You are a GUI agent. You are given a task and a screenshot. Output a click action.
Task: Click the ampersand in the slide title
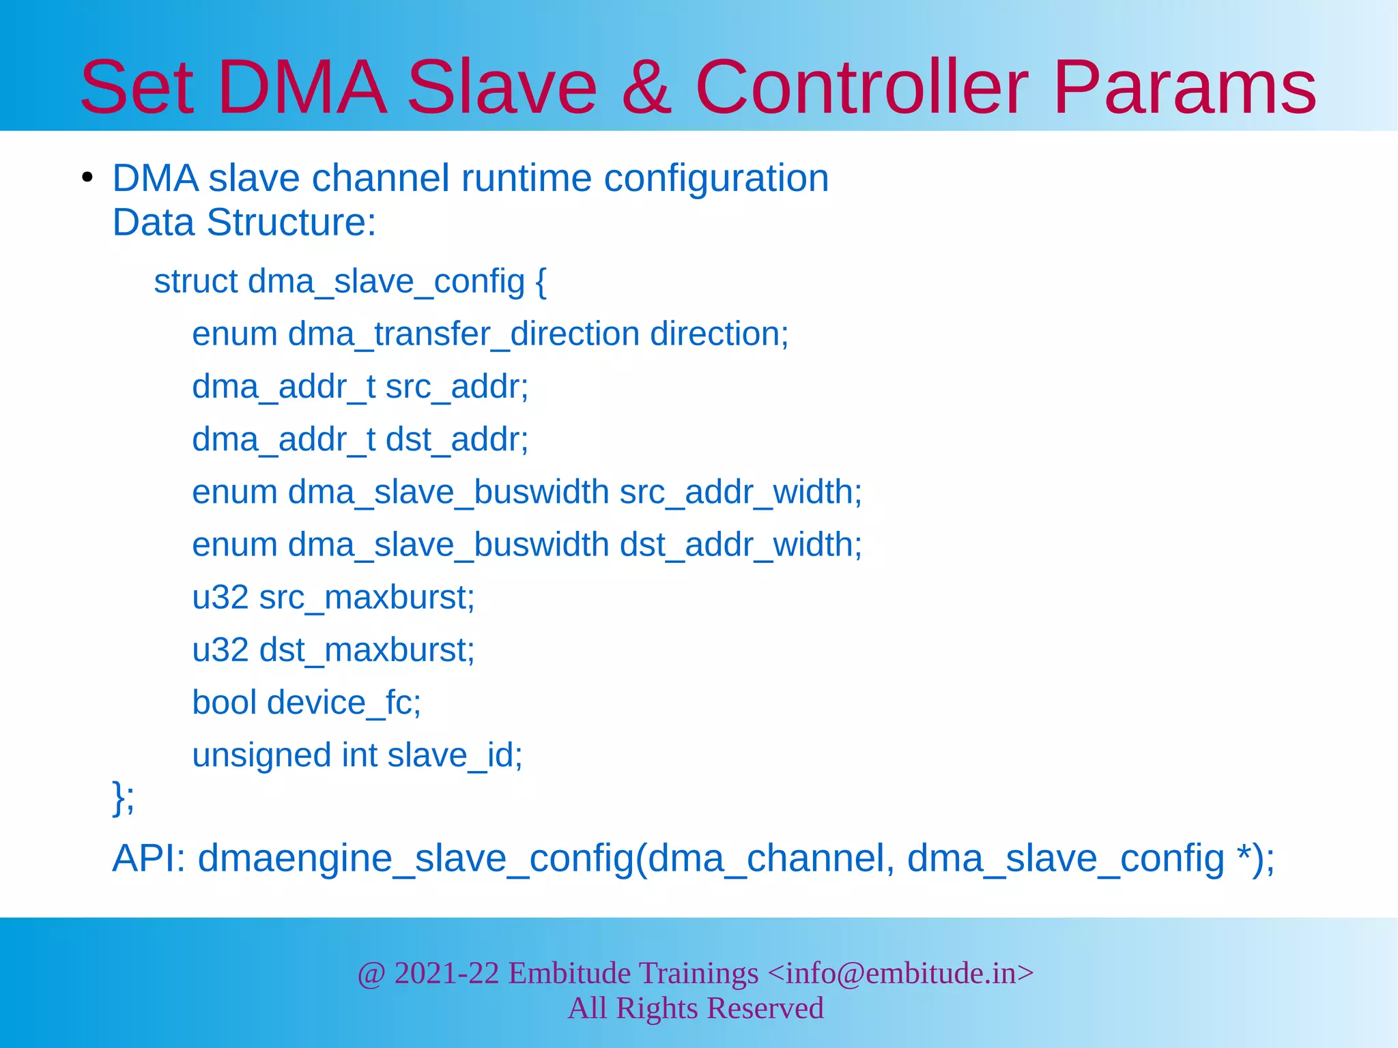[x=646, y=87]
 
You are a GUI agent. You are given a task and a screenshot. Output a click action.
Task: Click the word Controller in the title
[x=861, y=87]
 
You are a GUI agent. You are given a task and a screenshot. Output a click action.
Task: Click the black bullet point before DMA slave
[x=87, y=179]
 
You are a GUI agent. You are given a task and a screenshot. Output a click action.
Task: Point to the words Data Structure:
[x=244, y=222]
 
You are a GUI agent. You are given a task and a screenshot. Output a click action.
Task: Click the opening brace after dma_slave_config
[x=541, y=282]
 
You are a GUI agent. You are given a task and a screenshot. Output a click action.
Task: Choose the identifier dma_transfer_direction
[x=463, y=334]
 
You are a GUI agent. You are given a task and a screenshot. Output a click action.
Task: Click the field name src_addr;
[x=457, y=387]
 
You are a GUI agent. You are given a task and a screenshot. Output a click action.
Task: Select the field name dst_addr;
[x=457, y=439]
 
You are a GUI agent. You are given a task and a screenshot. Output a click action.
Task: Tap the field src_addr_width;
[x=741, y=492]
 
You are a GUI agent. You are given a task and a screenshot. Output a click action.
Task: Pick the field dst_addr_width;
[x=741, y=544]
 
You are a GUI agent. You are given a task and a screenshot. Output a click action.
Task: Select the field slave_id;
[x=455, y=755]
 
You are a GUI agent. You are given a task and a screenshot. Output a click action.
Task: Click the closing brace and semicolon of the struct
[x=123, y=797]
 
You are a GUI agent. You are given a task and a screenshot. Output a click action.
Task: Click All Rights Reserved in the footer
[x=696, y=1008]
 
